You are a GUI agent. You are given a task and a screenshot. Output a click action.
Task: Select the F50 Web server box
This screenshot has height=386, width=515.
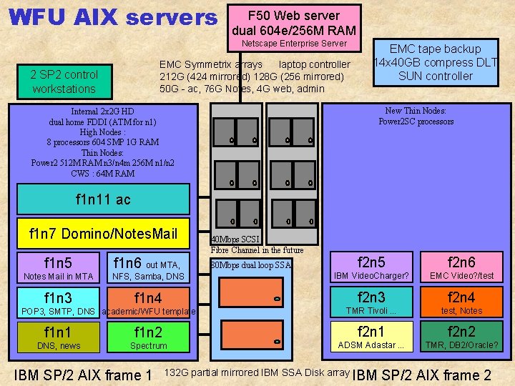293,23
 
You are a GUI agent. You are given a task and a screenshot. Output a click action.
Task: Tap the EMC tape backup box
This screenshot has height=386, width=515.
436,62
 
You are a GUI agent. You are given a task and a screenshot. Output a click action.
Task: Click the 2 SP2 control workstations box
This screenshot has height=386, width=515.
64,81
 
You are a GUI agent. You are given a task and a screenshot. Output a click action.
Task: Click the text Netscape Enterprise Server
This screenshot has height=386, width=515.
294,44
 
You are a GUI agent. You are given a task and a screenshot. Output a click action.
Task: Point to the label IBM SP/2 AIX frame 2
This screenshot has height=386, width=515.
422,375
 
